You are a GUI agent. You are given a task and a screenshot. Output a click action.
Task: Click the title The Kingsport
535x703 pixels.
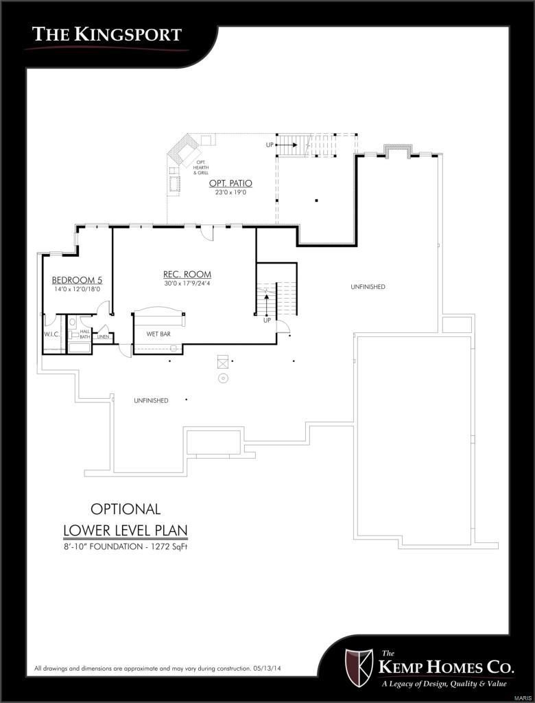(107, 34)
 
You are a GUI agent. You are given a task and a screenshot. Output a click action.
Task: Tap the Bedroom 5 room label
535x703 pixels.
(77, 280)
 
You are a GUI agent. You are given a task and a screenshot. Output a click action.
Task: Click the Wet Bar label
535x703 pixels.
(158, 334)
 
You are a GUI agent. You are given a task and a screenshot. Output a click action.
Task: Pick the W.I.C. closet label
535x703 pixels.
(53, 334)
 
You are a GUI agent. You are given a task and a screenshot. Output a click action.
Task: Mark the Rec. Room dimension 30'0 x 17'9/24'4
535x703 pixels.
(187, 284)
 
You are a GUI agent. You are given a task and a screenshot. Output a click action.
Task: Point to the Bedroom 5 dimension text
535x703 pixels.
(77, 289)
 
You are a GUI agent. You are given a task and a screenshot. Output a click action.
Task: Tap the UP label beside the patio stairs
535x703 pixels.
(271, 145)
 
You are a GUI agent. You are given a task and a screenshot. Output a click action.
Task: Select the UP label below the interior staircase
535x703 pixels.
(266, 320)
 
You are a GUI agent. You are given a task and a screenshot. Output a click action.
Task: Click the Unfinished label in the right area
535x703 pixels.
(368, 286)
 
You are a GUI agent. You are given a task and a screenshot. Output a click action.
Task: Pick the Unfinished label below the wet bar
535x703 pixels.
(151, 400)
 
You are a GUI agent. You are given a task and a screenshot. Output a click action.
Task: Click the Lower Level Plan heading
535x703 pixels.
(125, 531)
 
